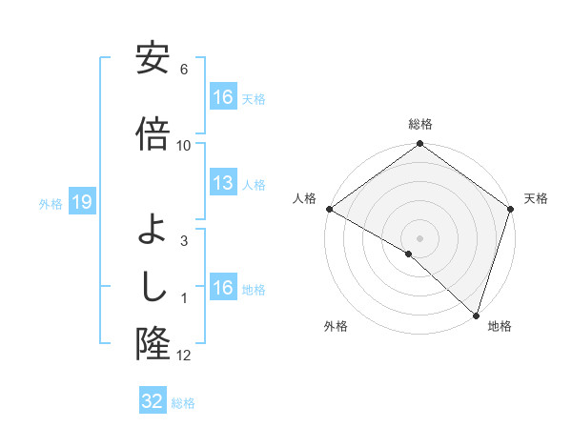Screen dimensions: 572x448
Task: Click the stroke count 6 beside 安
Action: coord(184,70)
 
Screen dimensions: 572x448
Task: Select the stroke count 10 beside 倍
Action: coord(184,145)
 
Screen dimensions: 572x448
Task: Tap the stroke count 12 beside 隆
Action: coord(184,356)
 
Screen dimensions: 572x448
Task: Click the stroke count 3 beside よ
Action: coord(184,241)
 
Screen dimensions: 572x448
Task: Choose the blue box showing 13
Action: coord(222,183)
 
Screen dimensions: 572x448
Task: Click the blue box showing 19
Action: coord(81,202)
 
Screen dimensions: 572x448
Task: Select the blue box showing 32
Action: coord(152,401)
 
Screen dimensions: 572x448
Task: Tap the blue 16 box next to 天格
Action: coord(222,96)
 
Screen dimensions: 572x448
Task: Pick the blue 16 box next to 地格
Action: coord(222,288)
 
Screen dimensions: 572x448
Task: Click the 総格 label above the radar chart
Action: coord(420,124)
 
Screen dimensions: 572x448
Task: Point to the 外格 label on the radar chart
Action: coord(336,326)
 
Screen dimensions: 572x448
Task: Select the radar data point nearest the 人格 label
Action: coord(329,209)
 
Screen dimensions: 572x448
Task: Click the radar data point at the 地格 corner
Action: coord(476,315)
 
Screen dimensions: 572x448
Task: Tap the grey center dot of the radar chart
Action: coord(419,237)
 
